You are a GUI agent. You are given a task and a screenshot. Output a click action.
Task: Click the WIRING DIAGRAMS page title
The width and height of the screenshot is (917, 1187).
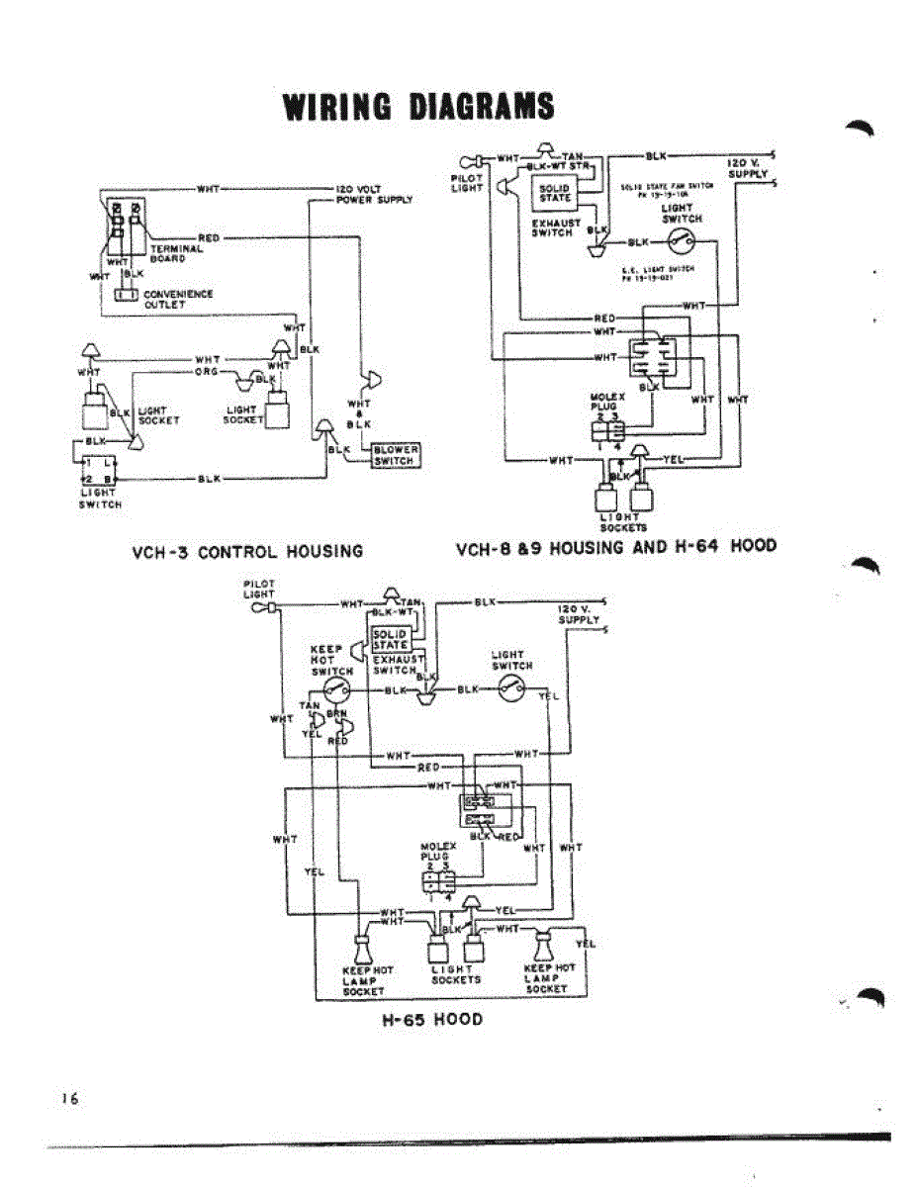pyautogui.click(x=418, y=107)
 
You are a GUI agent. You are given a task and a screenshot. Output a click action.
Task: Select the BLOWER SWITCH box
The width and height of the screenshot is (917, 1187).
pyautogui.click(x=395, y=455)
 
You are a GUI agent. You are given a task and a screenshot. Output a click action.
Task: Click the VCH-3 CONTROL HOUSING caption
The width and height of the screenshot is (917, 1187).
pyautogui.click(x=247, y=551)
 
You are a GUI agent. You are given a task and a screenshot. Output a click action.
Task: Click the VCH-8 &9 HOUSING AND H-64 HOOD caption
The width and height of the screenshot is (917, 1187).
pyautogui.click(x=615, y=546)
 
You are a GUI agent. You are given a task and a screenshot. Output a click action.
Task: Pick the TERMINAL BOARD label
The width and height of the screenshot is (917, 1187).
pyautogui.click(x=176, y=254)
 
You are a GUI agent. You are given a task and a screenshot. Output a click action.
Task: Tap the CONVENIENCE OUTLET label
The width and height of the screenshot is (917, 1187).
pyautogui.click(x=178, y=299)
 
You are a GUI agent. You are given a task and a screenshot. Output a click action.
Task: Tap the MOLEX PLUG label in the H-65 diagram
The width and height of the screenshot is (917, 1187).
pyautogui.click(x=437, y=852)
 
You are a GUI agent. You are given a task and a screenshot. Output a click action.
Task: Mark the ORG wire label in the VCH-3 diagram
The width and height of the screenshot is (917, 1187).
pyautogui.click(x=206, y=373)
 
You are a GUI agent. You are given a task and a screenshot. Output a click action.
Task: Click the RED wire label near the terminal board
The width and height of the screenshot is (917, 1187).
pyautogui.click(x=208, y=237)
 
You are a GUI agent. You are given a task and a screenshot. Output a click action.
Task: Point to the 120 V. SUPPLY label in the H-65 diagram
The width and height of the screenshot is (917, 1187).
pyautogui.click(x=579, y=613)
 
